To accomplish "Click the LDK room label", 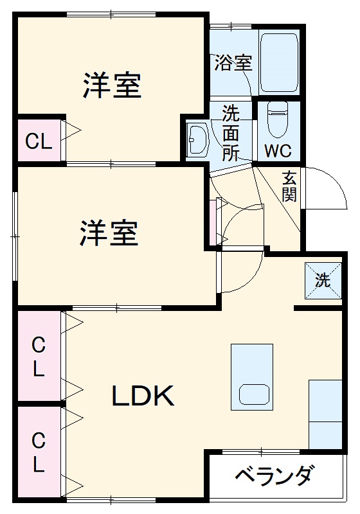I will [x=143, y=396].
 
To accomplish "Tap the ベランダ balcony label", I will [x=274, y=476].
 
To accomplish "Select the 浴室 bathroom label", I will [x=233, y=63].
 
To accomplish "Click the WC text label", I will [x=278, y=152].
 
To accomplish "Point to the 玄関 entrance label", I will [x=289, y=186].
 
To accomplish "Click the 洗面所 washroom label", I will [x=231, y=134].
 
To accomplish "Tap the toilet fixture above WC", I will [x=278, y=120].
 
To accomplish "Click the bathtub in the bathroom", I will [x=279, y=61].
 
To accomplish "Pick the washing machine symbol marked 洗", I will [x=321, y=280].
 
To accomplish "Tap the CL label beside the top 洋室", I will [x=39, y=141].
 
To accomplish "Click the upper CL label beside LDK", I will [x=39, y=357].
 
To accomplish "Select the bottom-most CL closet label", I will [x=39, y=453].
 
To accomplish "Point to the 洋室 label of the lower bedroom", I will [x=109, y=233].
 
